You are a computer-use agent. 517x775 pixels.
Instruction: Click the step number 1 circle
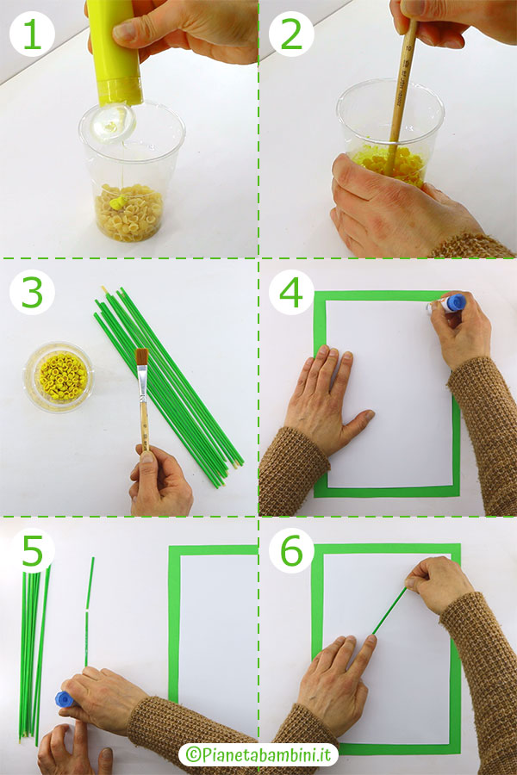tap(32, 34)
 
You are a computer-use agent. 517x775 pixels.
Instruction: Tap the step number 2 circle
tap(291, 34)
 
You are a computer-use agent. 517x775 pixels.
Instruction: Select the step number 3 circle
tap(32, 293)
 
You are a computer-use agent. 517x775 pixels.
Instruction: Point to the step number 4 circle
tap(291, 293)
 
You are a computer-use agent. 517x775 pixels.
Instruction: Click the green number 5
tap(33, 549)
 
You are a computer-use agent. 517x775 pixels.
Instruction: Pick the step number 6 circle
tap(291, 550)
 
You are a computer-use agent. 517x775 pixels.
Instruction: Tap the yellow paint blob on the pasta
tap(118, 202)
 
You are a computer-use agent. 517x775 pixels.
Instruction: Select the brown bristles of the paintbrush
tap(142, 356)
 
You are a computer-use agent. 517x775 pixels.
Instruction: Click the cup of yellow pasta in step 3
tap(59, 376)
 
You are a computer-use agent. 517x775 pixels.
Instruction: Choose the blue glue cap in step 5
tap(64, 699)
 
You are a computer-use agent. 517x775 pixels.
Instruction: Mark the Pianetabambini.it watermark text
tap(258, 754)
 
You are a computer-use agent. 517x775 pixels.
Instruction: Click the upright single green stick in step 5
tap(89, 612)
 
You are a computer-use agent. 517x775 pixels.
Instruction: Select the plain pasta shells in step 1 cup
tap(128, 213)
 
